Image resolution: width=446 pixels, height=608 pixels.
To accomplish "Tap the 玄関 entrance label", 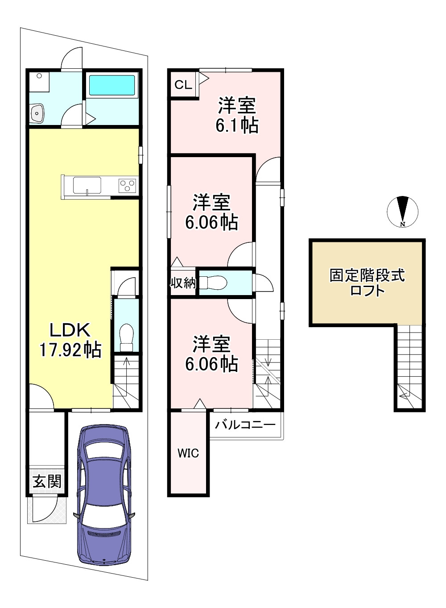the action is click(47, 481).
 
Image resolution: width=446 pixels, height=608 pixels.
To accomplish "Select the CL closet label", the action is click(183, 85).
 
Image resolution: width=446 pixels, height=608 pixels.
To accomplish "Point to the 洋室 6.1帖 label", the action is click(237, 115).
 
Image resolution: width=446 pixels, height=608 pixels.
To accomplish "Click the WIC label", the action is click(188, 453).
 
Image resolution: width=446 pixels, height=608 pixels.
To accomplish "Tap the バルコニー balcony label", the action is click(245, 425).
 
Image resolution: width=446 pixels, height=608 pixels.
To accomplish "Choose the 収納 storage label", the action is click(183, 283).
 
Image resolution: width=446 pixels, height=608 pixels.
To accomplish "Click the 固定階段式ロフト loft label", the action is click(367, 283).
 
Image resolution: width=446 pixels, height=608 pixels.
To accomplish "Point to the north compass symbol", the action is click(403, 211).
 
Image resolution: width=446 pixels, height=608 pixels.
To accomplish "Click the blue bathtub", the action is click(112, 85).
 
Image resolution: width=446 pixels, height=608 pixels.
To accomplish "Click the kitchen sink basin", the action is click(87, 185).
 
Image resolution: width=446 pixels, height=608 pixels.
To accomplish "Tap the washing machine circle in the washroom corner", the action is click(39, 76).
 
